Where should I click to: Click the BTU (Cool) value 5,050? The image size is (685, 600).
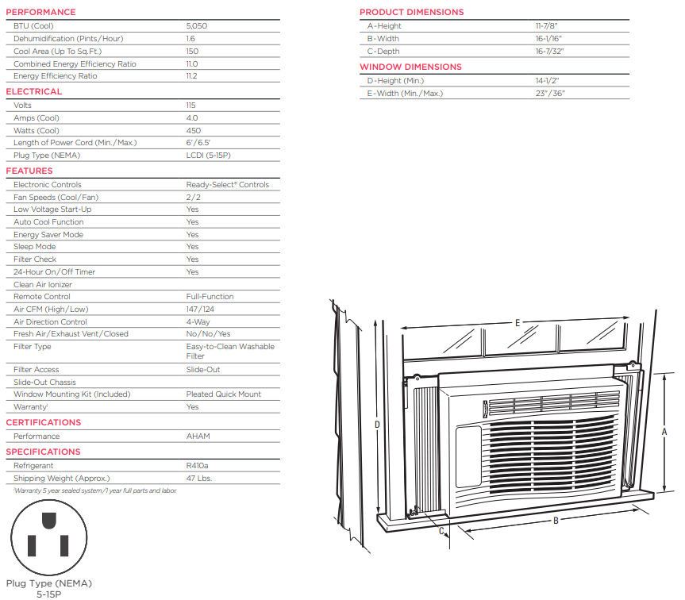[197, 25]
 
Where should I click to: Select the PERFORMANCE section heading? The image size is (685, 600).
[40, 12]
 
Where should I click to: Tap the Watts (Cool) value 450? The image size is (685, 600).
[194, 131]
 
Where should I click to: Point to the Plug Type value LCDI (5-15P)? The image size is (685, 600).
[209, 155]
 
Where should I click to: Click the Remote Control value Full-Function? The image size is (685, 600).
[210, 297]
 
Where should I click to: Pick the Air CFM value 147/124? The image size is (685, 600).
[200, 310]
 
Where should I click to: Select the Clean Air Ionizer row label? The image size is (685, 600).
[43, 285]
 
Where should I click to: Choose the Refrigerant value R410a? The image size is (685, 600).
[197, 466]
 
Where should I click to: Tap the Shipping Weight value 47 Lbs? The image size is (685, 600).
[199, 478]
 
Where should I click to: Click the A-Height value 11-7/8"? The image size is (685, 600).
[547, 25]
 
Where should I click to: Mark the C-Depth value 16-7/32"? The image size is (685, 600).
[549, 51]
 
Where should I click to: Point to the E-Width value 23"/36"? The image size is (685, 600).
[550, 94]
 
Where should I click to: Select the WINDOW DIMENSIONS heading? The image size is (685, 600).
[410, 67]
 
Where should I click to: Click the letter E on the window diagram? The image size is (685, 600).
[518, 323]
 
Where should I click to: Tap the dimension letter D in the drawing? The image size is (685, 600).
[377, 425]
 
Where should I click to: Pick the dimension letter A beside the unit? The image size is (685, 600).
[664, 432]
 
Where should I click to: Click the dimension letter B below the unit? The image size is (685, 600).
[556, 521]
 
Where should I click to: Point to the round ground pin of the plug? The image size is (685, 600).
[49, 521]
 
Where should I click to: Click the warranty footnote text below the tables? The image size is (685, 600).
[95, 490]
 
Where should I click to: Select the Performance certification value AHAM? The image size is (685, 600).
[198, 437]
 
